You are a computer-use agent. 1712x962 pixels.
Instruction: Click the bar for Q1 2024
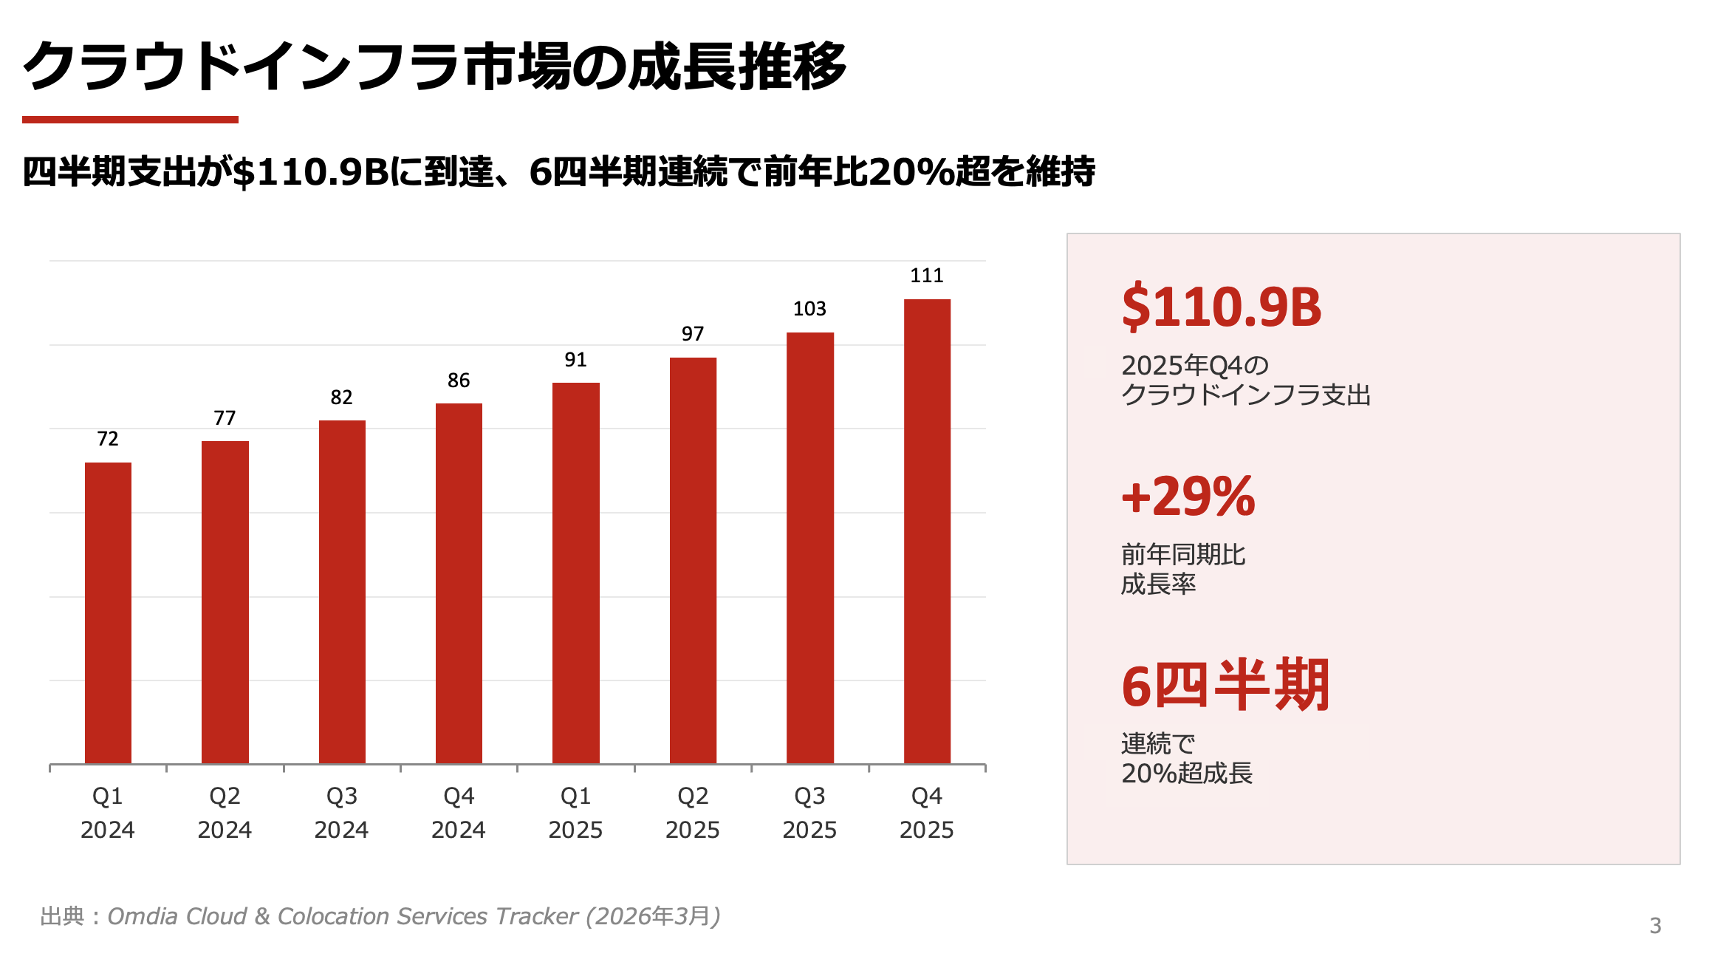pyautogui.click(x=108, y=613)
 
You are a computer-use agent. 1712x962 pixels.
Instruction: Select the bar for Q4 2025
pyautogui.click(x=927, y=531)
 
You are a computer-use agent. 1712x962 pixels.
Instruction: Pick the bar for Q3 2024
pyautogui.click(x=342, y=592)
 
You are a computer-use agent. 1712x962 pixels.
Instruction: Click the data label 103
pyautogui.click(x=809, y=309)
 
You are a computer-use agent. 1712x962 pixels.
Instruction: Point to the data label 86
pyautogui.click(x=459, y=381)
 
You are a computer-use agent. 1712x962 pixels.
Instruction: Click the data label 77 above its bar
pyautogui.click(x=225, y=418)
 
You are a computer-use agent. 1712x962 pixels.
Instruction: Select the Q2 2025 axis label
pyautogui.click(x=692, y=813)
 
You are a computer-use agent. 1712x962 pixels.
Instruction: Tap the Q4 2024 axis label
pyautogui.click(x=459, y=813)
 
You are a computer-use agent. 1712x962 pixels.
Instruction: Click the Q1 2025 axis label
pyautogui.click(x=575, y=813)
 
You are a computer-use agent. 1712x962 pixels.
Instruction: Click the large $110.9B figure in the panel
pyautogui.click(x=1222, y=307)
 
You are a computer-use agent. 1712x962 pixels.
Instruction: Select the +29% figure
pyautogui.click(x=1188, y=497)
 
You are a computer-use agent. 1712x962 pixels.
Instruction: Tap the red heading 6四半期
pyautogui.click(x=1225, y=686)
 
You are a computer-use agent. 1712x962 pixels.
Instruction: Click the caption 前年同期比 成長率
pyautogui.click(x=1183, y=569)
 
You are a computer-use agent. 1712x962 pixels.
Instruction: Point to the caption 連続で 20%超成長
pyautogui.click(x=1187, y=758)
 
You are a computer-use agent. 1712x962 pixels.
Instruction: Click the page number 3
pyautogui.click(x=1655, y=926)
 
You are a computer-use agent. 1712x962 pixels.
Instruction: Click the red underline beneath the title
pyautogui.click(x=130, y=120)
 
